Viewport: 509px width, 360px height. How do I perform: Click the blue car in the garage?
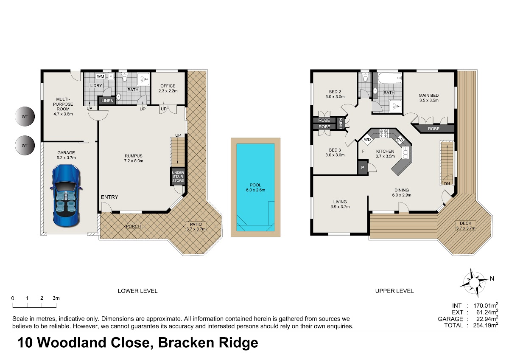tap(66, 196)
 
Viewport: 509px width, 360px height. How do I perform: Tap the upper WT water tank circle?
tap(25, 116)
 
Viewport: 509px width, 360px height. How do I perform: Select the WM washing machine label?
tap(101, 76)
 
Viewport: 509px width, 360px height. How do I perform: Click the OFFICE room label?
tap(168, 86)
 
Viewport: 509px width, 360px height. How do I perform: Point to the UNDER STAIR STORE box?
tap(178, 177)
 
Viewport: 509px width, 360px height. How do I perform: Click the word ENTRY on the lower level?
tap(109, 197)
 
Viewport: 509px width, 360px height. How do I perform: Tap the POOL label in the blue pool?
tap(255, 185)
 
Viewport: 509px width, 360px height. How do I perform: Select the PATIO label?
tap(196, 224)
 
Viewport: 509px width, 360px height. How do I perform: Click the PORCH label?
tap(133, 226)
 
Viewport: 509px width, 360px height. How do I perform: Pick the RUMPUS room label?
tap(134, 156)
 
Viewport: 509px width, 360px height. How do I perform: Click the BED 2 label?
tap(335, 92)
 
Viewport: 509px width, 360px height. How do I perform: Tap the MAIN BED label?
tap(429, 95)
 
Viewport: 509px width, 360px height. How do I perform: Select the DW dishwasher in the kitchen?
tap(400, 140)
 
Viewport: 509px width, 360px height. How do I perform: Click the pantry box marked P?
tap(363, 168)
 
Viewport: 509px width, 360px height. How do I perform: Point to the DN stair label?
tap(447, 183)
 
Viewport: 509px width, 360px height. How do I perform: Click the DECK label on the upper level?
tap(466, 223)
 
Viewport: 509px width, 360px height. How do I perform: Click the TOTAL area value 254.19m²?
tap(486, 325)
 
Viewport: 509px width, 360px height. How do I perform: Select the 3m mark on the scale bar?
tap(56, 298)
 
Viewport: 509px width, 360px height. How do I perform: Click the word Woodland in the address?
tap(72, 343)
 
